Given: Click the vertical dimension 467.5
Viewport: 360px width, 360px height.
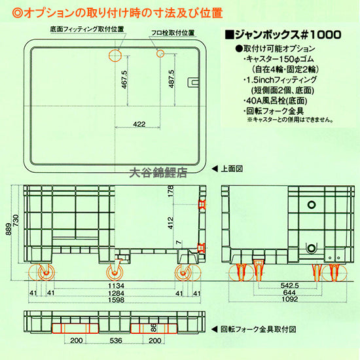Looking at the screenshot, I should [124, 81].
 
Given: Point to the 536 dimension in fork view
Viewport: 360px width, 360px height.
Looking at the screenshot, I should [117, 341].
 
